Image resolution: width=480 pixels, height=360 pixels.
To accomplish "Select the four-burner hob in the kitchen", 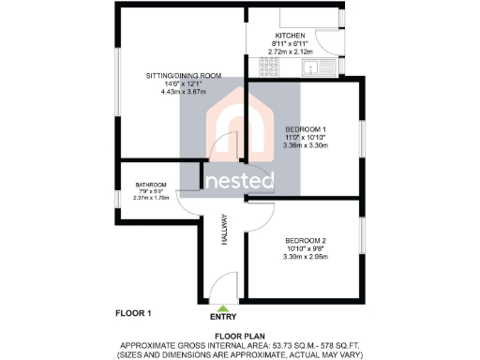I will coord(255,67).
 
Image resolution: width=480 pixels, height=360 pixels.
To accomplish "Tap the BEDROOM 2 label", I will coord(306,241).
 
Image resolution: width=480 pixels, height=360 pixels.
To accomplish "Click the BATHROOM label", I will coord(150,185).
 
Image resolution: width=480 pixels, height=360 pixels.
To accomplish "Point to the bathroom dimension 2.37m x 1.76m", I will coord(150,198).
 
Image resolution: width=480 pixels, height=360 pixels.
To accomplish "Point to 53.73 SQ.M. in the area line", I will coord(291,344).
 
